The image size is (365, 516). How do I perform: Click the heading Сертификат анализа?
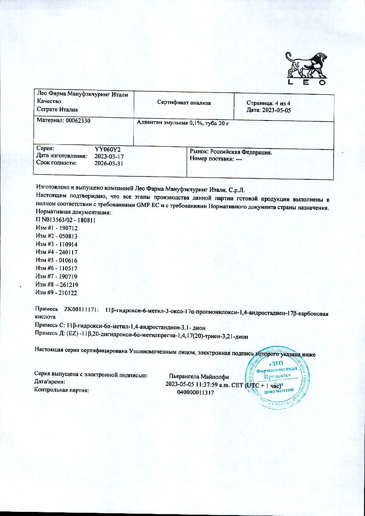click(x=183, y=103)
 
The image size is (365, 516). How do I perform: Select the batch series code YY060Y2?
click(x=108, y=149)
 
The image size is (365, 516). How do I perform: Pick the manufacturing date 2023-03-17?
click(x=108, y=156)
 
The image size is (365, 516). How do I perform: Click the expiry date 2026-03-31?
click(x=108, y=163)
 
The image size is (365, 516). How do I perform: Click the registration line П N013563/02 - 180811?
click(x=65, y=221)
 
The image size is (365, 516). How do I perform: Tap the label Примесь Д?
click(x=48, y=337)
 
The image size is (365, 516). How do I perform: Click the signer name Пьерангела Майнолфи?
click(x=199, y=376)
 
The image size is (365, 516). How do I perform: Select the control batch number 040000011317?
click(x=195, y=392)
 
